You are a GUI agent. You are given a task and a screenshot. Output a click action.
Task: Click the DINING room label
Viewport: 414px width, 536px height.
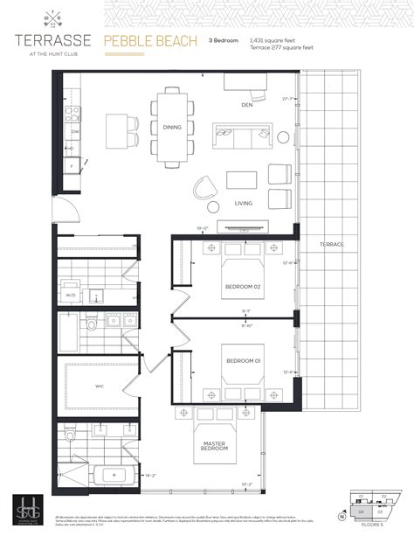click(172, 128)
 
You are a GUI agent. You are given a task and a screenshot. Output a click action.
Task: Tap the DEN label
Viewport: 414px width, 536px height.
click(247, 105)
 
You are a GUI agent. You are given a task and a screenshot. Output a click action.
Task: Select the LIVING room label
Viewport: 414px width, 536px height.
click(243, 203)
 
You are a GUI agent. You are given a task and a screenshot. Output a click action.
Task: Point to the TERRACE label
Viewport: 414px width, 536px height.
click(331, 244)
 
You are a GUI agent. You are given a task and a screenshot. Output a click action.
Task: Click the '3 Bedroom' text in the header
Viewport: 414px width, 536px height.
click(224, 40)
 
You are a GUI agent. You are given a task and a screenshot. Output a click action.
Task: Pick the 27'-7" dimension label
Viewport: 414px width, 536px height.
click(287, 99)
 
